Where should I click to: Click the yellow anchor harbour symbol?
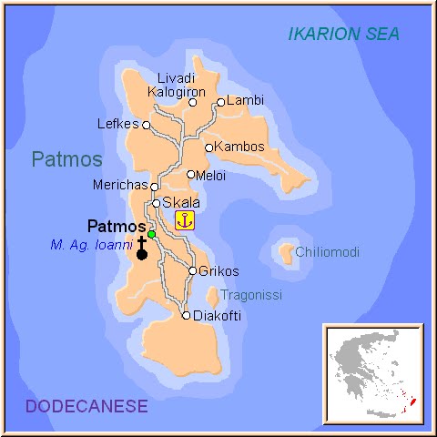185,219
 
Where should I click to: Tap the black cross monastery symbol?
142,248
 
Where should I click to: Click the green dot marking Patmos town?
152,234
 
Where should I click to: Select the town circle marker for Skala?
157,203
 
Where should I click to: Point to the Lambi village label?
243,101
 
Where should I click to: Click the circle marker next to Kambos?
208,147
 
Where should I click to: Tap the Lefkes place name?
117,125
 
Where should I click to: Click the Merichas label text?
119,186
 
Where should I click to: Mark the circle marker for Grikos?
192,270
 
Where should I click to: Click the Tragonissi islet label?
251,295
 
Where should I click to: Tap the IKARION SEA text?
343,35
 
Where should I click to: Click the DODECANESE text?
86,406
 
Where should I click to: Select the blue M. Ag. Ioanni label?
92,244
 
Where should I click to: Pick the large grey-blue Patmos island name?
66,159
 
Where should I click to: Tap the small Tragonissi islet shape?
212,296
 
